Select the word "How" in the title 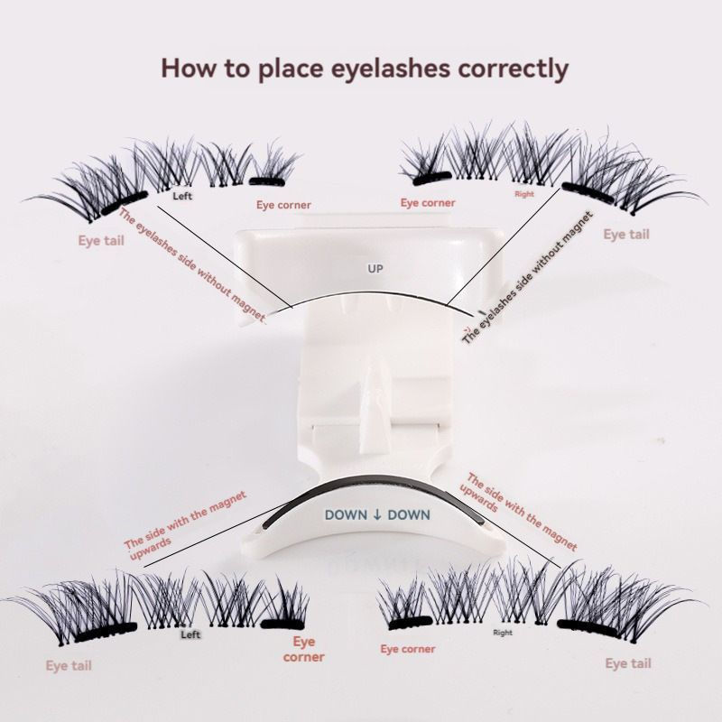coord(185,68)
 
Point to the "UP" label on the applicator coord(375,268)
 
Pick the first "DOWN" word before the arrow coord(345,514)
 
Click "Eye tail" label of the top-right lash coord(626,235)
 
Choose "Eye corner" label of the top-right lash coord(428,203)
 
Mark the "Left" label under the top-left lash coord(182,194)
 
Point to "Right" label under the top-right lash coord(524,194)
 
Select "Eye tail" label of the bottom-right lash coord(628,663)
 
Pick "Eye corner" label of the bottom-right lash coord(408,649)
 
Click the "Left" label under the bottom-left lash coord(190,634)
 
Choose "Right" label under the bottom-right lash coord(503,633)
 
